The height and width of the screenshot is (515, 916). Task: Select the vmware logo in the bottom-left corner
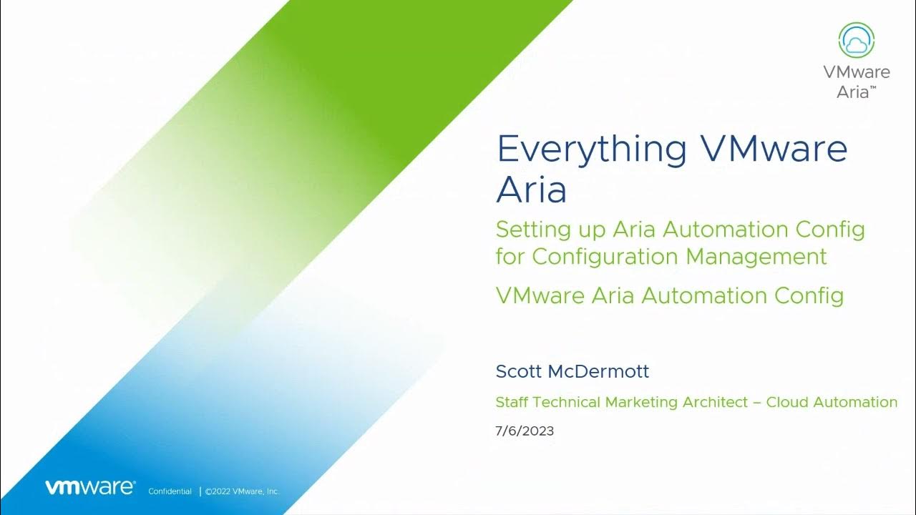click(89, 488)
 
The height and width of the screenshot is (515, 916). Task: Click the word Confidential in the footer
click(170, 491)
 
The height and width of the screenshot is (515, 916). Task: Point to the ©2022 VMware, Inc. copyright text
click(242, 491)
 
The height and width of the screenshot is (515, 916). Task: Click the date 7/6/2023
click(524, 431)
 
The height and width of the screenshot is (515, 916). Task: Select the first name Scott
click(519, 371)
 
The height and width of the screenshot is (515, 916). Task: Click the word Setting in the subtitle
click(529, 230)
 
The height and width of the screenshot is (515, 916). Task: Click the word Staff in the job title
click(512, 402)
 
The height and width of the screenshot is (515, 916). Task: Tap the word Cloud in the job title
click(786, 402)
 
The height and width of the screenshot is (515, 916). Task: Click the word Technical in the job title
click(565, 402)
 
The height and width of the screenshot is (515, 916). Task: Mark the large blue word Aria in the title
click(531, 190)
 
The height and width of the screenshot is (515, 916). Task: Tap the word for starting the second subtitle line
click(510, 256)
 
